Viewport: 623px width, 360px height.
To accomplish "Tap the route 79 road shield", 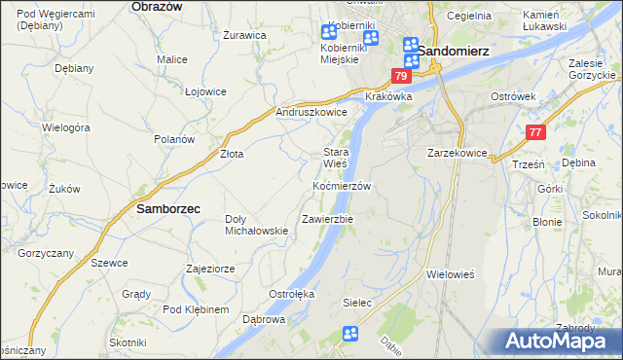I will (402, 76).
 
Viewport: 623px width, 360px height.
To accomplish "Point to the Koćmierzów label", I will (342, 185).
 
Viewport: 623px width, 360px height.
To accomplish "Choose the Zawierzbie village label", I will (327, 219).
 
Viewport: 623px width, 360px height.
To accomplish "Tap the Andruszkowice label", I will (312, 112).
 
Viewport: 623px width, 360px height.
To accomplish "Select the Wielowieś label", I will (450, 274).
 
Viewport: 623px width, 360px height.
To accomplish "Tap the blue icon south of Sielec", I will (350, 335).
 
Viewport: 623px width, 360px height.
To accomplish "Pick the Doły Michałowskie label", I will (256, 224).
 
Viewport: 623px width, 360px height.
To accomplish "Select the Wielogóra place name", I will (66, 127).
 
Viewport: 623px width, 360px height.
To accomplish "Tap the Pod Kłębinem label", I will (196, 309).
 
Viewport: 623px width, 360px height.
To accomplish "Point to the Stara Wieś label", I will (336, 158).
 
